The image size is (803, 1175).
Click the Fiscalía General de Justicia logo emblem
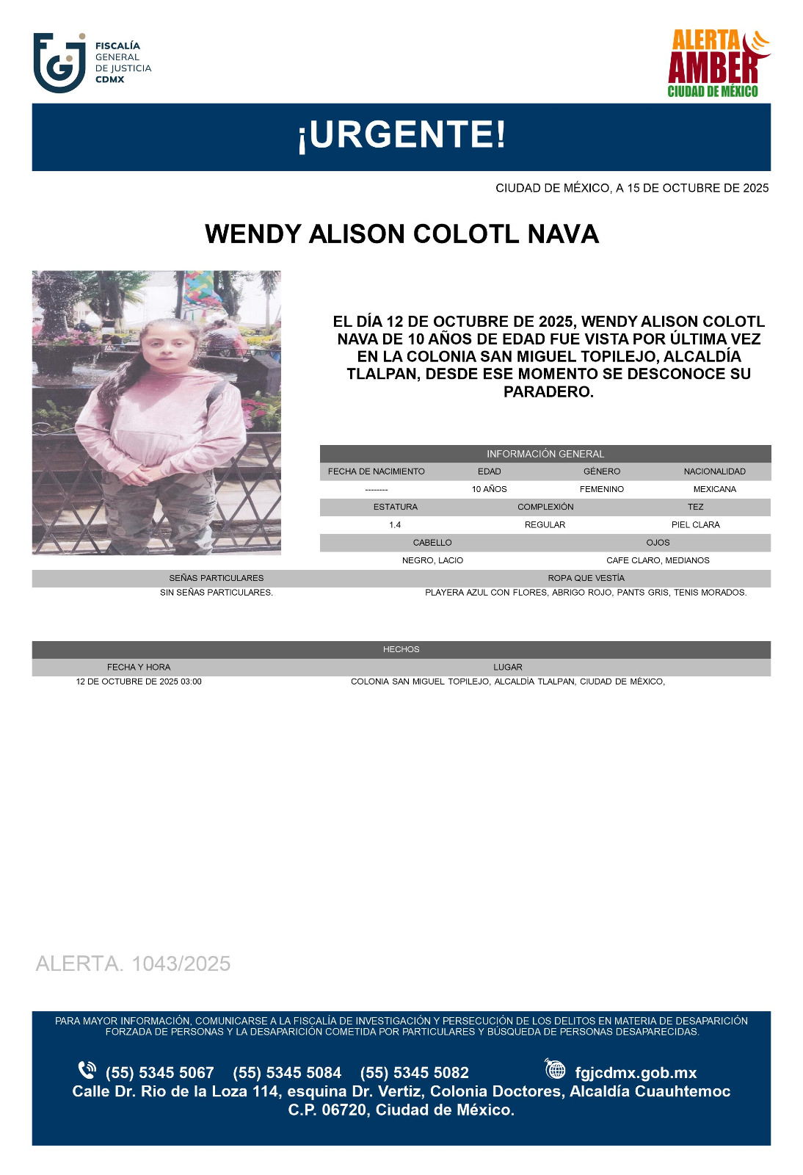tap(59, 62)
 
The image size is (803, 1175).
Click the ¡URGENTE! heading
tap(401, 135)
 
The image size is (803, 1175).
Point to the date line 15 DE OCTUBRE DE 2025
tap(632, 188)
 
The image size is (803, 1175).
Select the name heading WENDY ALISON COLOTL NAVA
tap(401, 234)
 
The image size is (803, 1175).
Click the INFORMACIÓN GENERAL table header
tap(545, 454)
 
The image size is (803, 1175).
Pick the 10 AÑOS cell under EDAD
tap(489, 489)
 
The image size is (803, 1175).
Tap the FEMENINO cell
tap(601, 489)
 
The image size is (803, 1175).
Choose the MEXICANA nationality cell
tap(714, 489)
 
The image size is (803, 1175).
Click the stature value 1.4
tap(395, 524)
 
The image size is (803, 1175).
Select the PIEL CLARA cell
tap(695, 524)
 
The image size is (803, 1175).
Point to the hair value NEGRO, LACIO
tap(432, 560)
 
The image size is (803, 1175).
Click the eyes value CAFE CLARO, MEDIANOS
tap(658, 560)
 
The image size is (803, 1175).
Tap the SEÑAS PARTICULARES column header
tap(216, 578)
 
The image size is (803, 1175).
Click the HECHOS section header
tap(401, 649)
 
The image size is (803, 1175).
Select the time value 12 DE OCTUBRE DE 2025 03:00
tap(139, 681)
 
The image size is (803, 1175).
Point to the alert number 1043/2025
tap(133, 963)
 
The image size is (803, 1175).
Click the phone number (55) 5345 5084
tap(287, 1073)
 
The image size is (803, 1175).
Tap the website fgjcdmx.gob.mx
tap(636, 1073)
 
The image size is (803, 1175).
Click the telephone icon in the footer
tap(87, 1070)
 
